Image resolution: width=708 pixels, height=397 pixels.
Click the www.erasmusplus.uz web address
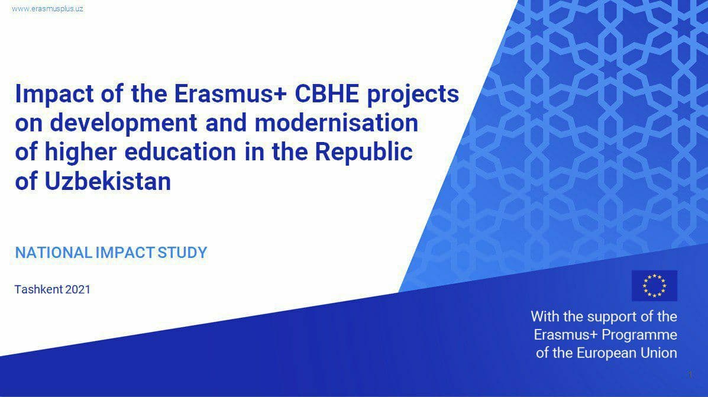(47, 9)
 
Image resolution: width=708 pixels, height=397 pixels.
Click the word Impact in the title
(55, 94)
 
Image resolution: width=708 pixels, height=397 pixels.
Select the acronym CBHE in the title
(327, 93)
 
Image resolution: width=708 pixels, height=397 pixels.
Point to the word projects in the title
(413, 95)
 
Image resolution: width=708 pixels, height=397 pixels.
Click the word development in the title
(123, 123)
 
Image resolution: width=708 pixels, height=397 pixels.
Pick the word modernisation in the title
(337, 122)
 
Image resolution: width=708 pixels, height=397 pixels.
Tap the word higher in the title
(81, 152)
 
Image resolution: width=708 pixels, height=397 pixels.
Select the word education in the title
(180, 151)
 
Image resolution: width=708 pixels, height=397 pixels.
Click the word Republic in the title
(364, 152)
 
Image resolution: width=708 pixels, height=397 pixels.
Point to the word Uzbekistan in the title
(108, 181)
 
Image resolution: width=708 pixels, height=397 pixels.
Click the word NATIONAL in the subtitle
(54, 253)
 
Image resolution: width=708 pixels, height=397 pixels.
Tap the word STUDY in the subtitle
(182, 253)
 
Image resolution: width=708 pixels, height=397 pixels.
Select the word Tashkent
(38, 289)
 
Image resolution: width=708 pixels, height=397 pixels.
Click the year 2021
(78, 289)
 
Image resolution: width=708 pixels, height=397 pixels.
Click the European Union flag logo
(654, 285)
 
